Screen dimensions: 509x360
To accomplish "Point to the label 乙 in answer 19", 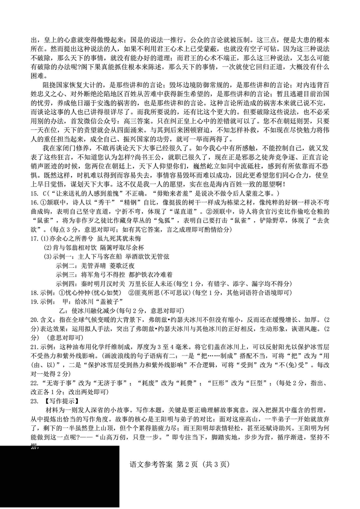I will point(63,311).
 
